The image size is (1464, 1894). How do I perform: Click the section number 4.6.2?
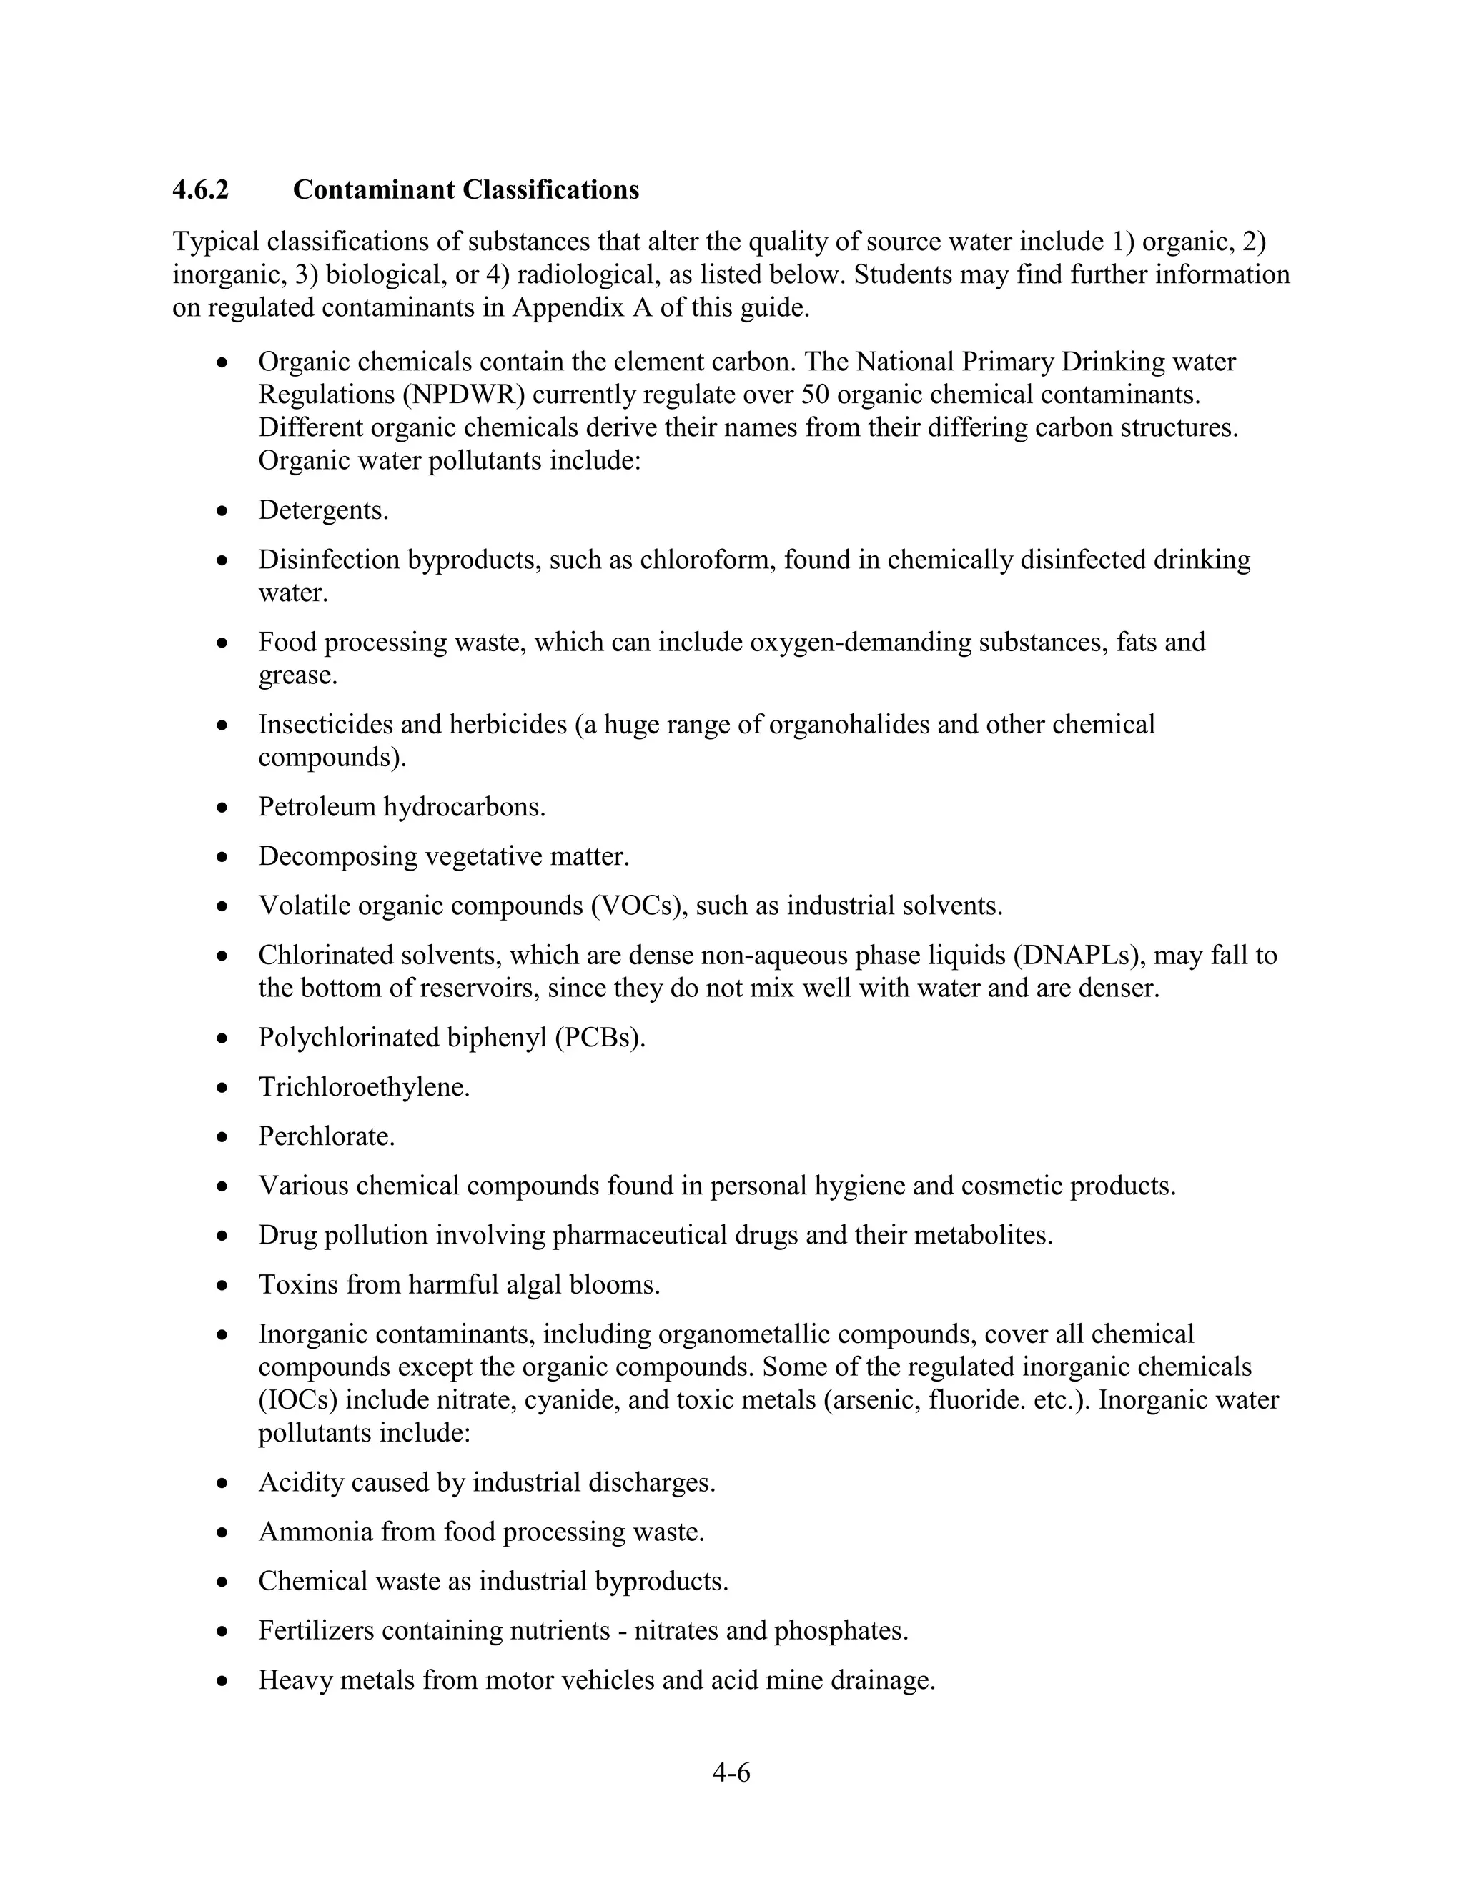200,190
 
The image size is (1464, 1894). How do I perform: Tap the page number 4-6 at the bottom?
731,1772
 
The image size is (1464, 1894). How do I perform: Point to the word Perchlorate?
326,1137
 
